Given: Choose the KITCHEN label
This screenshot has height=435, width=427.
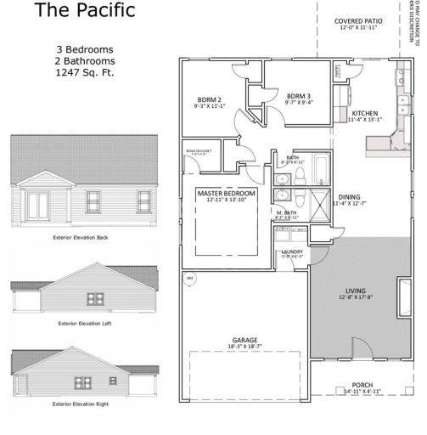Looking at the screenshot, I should click(365, 113).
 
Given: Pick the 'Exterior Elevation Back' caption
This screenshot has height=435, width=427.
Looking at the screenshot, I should click(81, 237).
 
